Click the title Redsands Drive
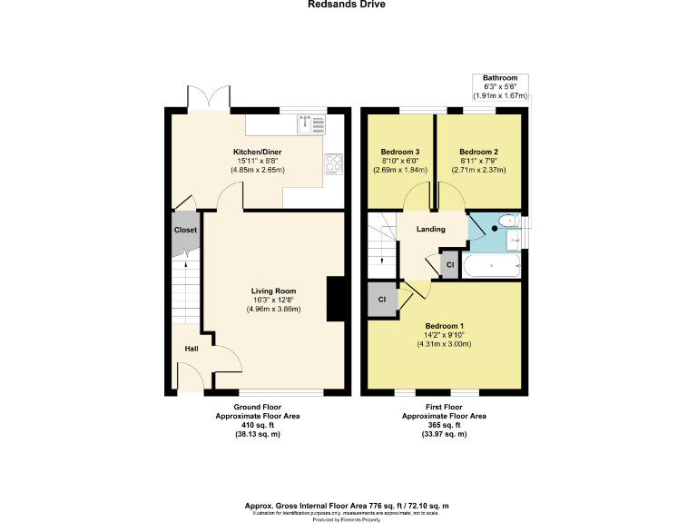point(348,5)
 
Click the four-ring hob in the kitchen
point(333,164)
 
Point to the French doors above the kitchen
point(205,97)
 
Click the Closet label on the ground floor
point(185,231)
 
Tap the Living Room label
point(273,291)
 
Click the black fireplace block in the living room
point(336,299)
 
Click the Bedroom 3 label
point(399,152)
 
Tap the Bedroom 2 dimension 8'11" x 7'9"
point(478,161)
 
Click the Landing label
point(430,229)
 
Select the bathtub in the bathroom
point(491,267)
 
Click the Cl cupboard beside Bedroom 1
point(382,299)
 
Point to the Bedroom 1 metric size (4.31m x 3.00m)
point(444,344)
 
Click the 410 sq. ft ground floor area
point(257,425)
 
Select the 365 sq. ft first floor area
point(444,425)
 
